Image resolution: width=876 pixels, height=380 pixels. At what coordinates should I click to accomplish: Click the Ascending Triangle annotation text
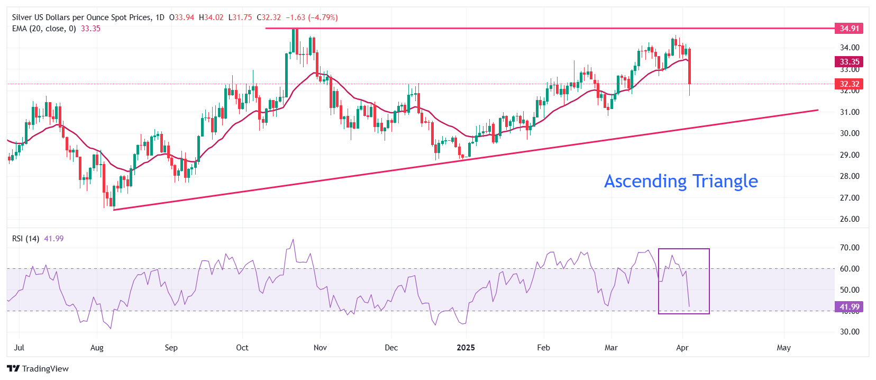click(x=681, y=182)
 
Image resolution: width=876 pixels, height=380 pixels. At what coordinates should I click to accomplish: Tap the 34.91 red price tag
click(x=849, y=29)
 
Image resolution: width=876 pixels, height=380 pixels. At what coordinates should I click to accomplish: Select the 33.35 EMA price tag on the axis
click(x=849, y=62)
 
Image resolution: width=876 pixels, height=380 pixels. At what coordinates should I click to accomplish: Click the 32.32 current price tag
click(x=849, y=84)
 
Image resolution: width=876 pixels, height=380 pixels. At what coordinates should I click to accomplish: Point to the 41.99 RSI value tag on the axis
click(x=849, y=307)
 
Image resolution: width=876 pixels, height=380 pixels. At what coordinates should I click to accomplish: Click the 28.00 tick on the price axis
click(x=850, y=176)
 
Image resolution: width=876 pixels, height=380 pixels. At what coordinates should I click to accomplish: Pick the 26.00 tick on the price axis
click(x=850, y=219)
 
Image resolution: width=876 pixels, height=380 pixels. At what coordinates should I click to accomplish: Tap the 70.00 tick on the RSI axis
click(x=850, y=248)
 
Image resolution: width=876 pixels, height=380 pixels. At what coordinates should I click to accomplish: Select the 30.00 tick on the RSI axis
click(x=850, y=332)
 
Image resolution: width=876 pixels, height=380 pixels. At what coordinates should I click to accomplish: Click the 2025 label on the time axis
click(x=466, y=348)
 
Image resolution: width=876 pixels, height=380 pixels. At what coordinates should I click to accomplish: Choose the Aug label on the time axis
click(x=97, y=348)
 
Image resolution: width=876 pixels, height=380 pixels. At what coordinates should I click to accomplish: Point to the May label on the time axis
click(x=783, y=348)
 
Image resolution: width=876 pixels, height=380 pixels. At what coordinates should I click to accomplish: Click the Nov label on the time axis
click(x=320, y=348)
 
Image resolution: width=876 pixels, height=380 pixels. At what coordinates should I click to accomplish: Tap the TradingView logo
click(x=38, y=369)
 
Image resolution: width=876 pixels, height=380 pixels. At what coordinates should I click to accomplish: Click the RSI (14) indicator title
click(x=25, y=239)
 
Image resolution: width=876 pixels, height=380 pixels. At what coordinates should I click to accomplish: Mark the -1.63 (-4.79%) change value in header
click(x=312, y=17)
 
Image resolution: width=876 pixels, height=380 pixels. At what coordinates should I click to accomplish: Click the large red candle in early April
click(x=689, y=66)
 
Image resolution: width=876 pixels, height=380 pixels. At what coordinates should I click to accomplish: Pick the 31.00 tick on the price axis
click(x=850, y=112)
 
